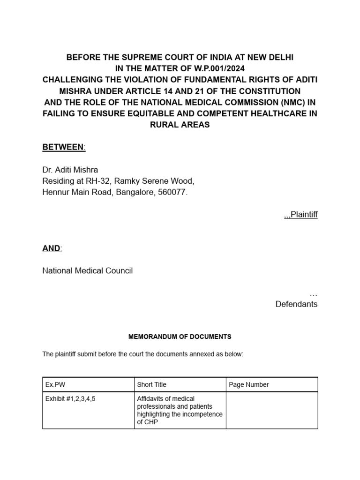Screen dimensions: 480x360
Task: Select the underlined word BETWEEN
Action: [x=63, y=148]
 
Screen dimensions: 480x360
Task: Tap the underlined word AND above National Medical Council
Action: [x=52, y=248]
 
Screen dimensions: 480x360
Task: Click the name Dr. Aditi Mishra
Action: [x=70, y=170]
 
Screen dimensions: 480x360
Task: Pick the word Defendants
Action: [x=296, y=304]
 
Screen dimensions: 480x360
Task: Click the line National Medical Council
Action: [x=88, y=271]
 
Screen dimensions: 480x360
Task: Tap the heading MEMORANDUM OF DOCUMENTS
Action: [x=180, y=337]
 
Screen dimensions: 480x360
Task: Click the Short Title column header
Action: [x=151, y=385]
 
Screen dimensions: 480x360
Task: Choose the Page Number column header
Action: [x=249, y=385]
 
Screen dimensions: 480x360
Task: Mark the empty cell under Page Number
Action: [x=272, y=410]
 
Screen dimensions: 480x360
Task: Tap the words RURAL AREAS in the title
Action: [x=180, y=125]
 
